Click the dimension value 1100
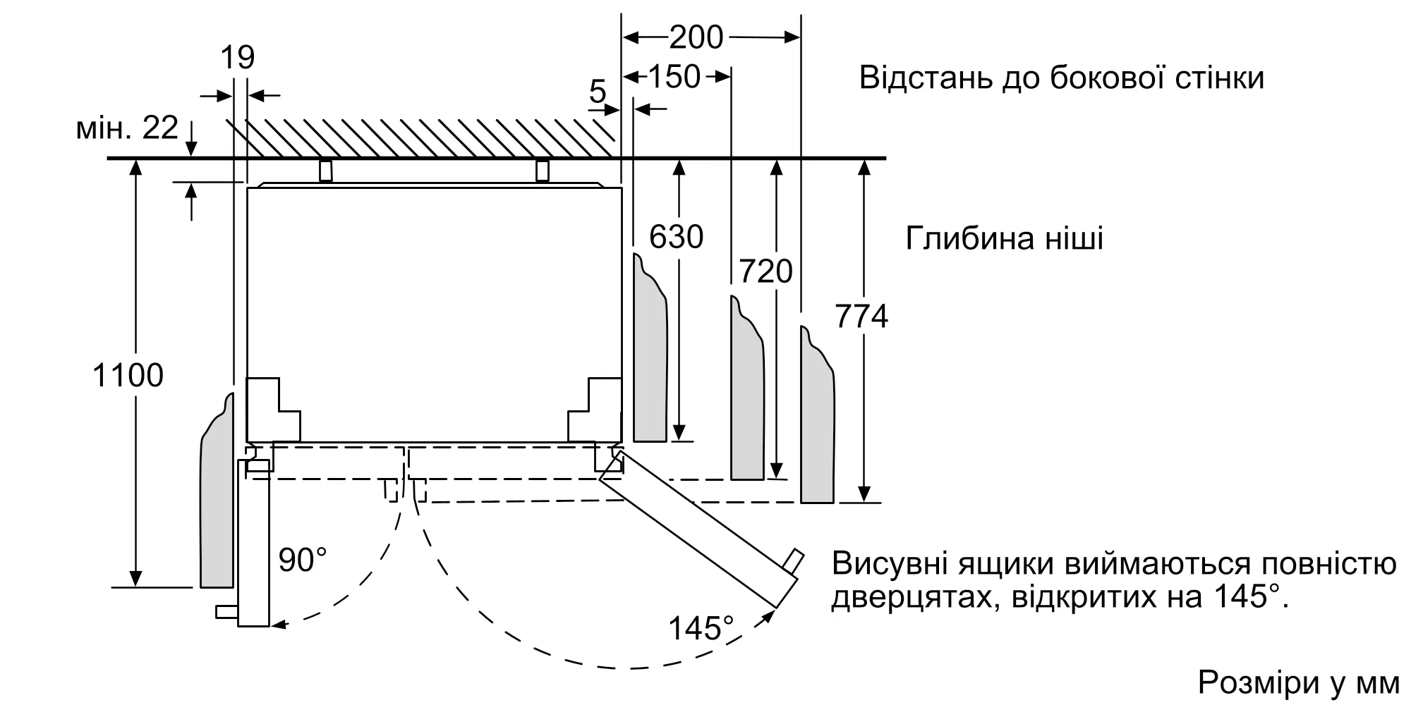(x=128, y=375)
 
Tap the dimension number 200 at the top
(x=696, y=37)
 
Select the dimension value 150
(x=674, y=77)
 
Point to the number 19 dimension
(x=237, y=57)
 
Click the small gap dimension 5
(x=598, y=92)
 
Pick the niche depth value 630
(x=676, y=237)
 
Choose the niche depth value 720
(x=765, y=271)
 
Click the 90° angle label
(x=303, y=560)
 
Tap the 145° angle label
(x=701, y=628)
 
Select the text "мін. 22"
(x=128, y=128)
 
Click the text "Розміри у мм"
(x=1298, y=682)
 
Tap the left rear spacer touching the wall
(x=325, y=171)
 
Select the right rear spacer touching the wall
(x=542, y=171)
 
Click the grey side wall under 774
(x=818, y=423)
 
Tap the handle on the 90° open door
(x=226, y=612)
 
